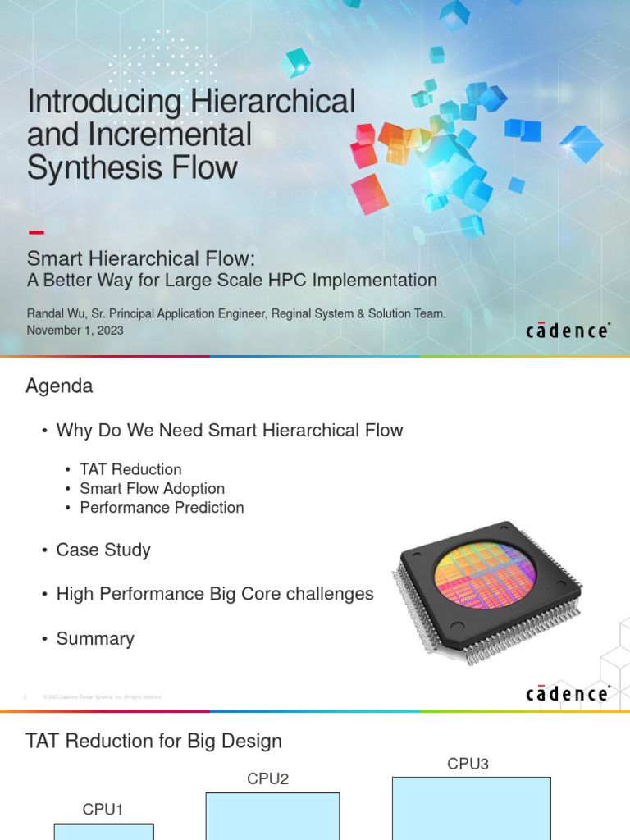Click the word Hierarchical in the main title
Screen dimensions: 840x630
[274, 103]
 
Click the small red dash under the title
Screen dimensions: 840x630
[35, 232]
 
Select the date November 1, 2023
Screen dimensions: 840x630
[75, 330]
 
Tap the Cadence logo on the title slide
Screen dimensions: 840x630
[567, 331]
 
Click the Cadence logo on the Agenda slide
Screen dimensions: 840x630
[567, 694]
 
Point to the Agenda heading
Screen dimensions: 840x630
[59, 386]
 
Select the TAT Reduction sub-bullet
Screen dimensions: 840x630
[130, 469]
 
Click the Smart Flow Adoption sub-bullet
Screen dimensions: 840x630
[152, 488]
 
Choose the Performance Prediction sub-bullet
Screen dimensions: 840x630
[162, 507]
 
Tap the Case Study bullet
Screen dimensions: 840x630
[103, 550]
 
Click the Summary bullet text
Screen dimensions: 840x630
[95, 638]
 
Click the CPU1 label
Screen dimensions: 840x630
[103, 810]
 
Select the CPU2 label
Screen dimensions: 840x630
[268, 778]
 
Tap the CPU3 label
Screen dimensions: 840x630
[468, 764]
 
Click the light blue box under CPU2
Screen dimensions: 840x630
[272, 815]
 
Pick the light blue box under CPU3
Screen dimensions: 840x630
[471, 808]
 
